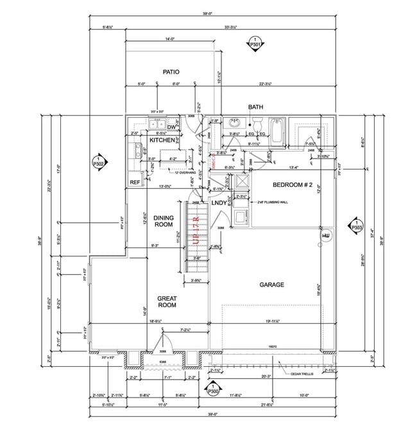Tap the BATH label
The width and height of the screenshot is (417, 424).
256,107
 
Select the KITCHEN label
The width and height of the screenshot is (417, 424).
162,139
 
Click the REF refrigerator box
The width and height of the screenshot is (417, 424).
135,182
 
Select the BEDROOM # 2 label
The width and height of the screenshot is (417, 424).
292,184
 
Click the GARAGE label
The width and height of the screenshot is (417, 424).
271,284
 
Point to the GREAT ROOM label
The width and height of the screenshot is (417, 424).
167,301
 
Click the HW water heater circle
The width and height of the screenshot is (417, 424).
325,236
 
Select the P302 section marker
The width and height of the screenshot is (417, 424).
98,161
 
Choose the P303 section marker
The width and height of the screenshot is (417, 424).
357,225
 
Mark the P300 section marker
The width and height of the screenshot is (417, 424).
211,387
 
